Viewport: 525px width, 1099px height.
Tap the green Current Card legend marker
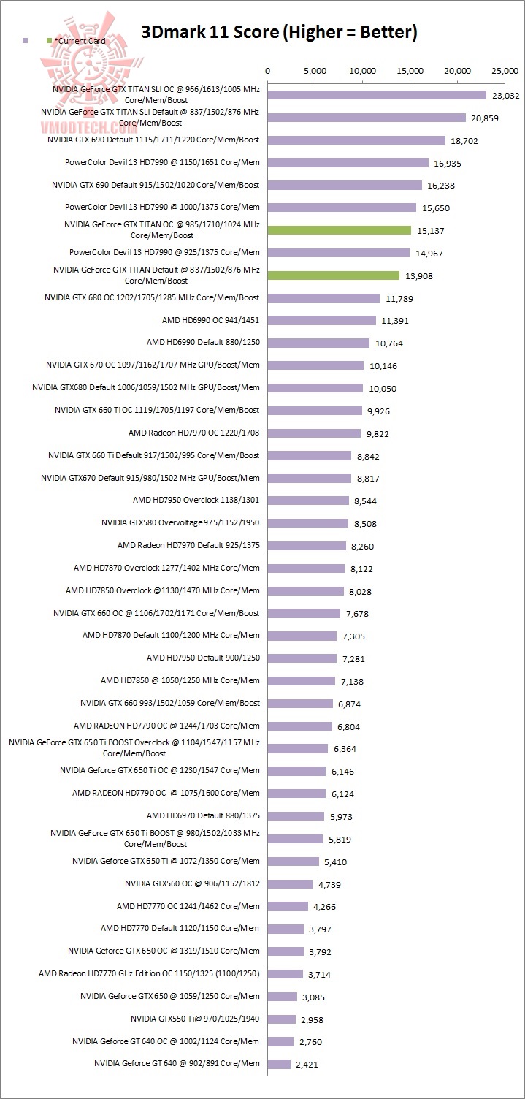click(49, 41)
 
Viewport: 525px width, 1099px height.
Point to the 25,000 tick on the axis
click(505, 72)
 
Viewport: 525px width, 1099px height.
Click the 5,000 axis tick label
click(315, 72)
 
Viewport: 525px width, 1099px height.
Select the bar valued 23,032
click(377, 95)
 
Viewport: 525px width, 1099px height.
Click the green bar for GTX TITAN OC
click(340, 230)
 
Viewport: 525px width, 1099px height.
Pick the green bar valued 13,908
click(334, 275)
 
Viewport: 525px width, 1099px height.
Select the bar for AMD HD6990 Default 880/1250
click(319, 343)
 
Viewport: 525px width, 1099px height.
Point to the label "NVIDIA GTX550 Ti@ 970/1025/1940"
click(195, 1019)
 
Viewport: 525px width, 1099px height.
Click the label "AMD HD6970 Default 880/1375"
click(203, 815)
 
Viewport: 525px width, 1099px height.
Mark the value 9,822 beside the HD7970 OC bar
click(378, 433)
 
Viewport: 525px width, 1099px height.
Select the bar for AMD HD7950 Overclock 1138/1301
click(308, 501)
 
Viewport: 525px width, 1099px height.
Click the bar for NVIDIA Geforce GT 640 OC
click(281, 1041)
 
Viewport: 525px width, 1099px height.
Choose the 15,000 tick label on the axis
click(410, 72)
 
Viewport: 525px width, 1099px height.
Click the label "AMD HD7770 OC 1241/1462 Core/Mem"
click(188, 906)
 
